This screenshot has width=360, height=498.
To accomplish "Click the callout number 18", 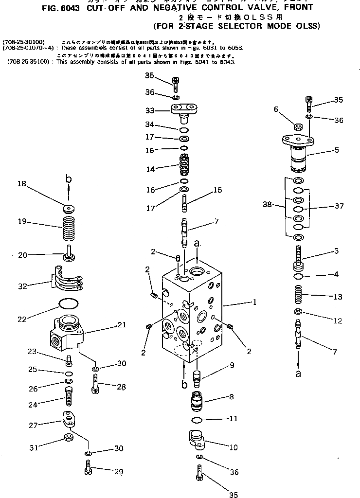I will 21,184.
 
